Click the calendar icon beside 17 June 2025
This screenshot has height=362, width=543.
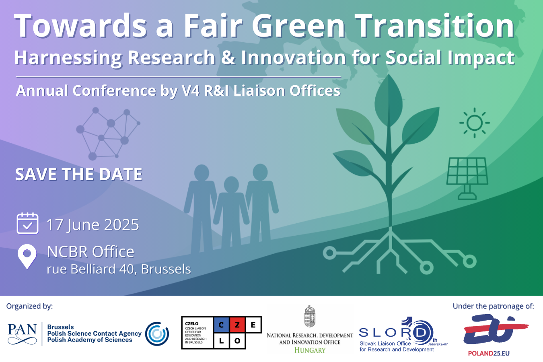coord(27,224)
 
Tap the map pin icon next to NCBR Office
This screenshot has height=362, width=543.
coord(27,256)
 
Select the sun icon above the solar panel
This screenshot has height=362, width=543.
coord(475,123)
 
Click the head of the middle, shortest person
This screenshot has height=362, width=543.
coord(231,185)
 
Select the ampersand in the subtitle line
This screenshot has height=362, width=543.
coord(228,58)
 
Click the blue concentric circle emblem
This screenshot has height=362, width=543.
coord(157,333)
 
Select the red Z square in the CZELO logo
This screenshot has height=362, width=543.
coord(237,325)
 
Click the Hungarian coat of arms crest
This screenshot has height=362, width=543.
coord(309,317)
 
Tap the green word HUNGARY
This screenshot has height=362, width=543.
coord(310,350)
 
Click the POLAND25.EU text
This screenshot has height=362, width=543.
coord(488,354)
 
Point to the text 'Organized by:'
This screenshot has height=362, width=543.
coord(29,306)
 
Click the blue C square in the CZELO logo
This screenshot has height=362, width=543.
coord(221,325)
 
